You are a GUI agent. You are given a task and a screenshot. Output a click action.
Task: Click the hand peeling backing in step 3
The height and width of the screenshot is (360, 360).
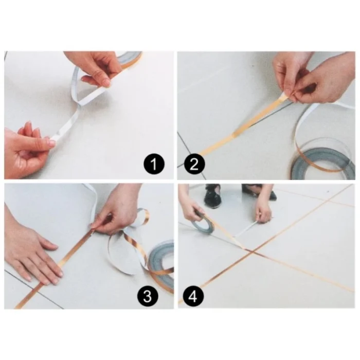click(x=117, y=208)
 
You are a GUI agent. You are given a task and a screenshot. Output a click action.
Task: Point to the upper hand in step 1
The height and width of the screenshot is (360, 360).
click(x=98, y=67)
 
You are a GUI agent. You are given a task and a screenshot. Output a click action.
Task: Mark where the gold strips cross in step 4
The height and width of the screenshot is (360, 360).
click(x=249, y=250)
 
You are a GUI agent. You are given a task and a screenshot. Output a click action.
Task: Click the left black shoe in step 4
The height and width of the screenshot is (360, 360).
click(x=213, y=195)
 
